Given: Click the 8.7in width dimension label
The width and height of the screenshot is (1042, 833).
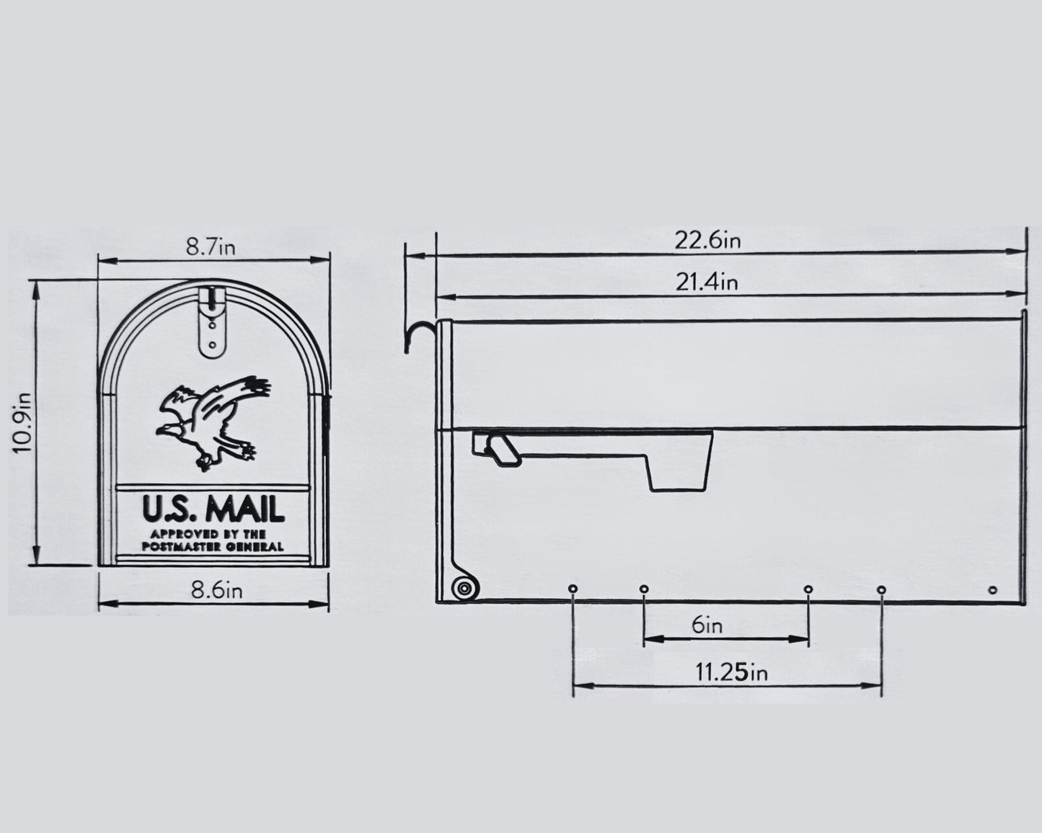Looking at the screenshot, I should (211, 248).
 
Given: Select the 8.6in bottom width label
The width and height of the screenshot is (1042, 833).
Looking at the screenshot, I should (216, 591).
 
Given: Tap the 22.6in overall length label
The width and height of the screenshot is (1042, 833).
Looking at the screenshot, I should (707, 240).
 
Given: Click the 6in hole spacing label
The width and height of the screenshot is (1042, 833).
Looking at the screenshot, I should (707, 625).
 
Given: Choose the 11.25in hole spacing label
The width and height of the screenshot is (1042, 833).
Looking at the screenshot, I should (730, 673).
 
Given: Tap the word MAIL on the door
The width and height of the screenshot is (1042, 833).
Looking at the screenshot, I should (244, 509).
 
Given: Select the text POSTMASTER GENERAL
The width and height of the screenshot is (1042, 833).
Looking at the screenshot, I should (213, 546).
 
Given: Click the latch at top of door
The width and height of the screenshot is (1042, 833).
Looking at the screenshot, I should (211, 321).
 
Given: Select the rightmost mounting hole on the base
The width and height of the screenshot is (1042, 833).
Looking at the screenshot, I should (992, 590).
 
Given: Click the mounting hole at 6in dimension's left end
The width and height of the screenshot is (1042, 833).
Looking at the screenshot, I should (643, 589).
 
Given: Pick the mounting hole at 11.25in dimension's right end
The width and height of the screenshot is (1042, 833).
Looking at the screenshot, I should (881, 589).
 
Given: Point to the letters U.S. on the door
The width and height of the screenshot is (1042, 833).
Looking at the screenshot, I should (166, 509).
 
